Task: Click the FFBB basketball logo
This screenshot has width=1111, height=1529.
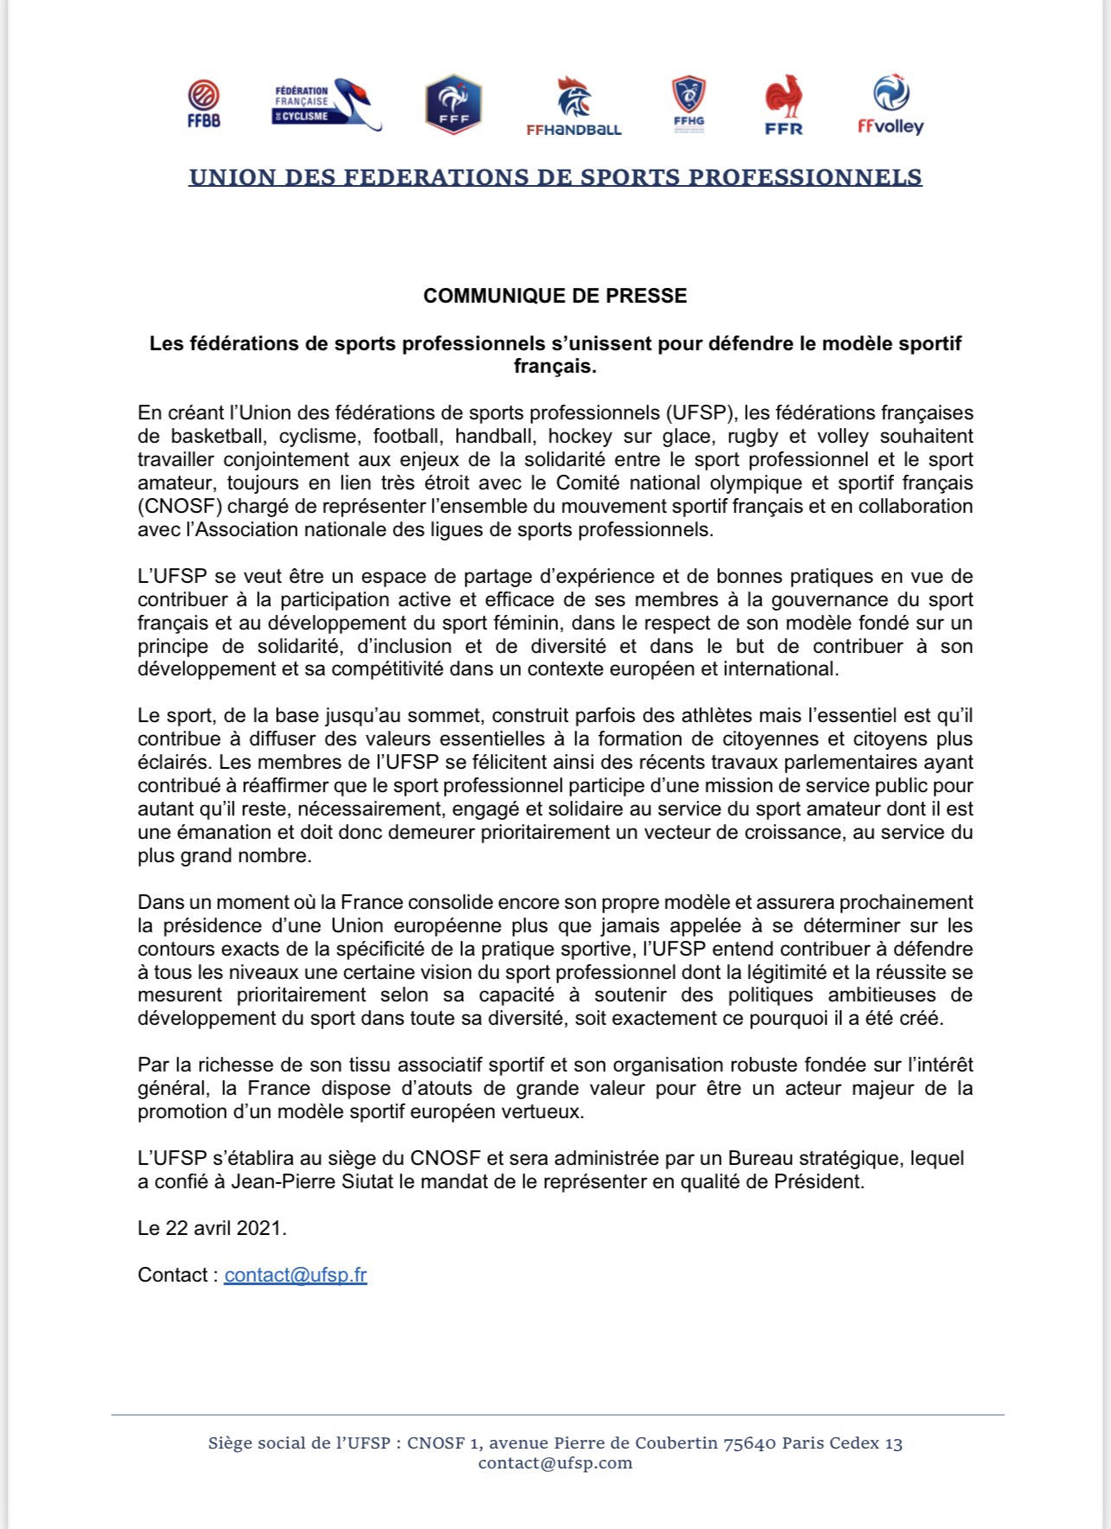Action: [203, 104]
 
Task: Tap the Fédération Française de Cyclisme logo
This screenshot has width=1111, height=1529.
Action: [326, 104]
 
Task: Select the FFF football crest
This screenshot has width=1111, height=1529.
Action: [453, 105]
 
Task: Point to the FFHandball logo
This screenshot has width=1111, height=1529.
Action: [574, 106]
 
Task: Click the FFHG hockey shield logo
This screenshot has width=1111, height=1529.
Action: [689, 105]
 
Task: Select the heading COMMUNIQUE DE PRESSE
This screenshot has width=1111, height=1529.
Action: [555, 296]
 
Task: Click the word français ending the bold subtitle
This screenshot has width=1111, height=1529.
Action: [554, 367]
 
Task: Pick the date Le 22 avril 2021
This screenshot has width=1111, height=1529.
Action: [212, 1228]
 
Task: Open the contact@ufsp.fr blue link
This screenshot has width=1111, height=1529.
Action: [295, 1275]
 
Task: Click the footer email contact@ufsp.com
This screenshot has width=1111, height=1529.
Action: [555, 1463]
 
